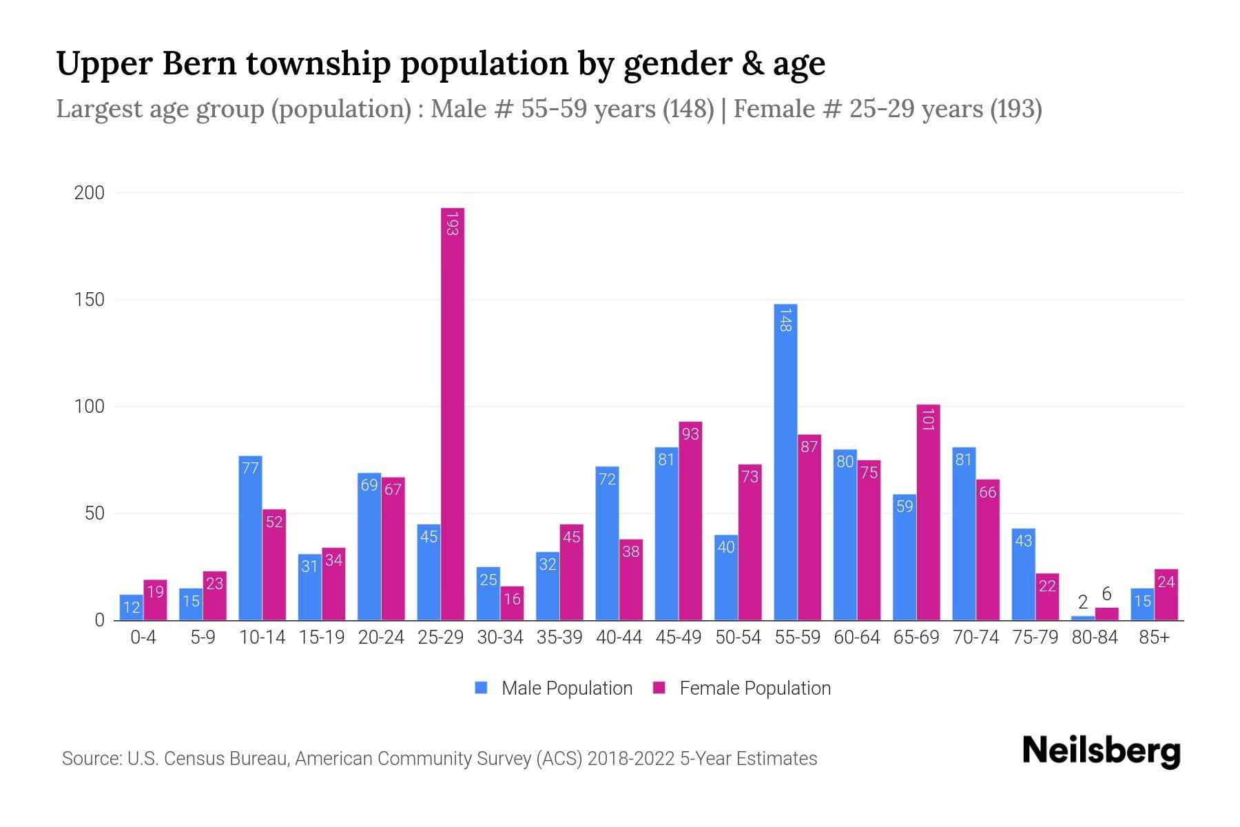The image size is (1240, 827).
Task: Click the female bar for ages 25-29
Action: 453,413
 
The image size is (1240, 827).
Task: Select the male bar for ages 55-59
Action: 785,462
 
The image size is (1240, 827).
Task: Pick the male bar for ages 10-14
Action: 250,538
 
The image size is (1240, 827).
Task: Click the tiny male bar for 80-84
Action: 1083,618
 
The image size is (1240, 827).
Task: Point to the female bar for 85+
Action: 1166,595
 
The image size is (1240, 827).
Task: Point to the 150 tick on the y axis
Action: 90,300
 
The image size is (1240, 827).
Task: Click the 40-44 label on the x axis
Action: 619,637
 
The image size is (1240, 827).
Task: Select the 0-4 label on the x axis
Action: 143,637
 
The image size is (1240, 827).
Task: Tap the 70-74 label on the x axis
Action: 975,637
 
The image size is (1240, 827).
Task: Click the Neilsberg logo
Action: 1101,751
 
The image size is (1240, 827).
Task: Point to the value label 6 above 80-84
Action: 1106,594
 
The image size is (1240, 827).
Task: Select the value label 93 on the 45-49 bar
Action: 690,433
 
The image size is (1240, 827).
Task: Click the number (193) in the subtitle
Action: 1015,109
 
